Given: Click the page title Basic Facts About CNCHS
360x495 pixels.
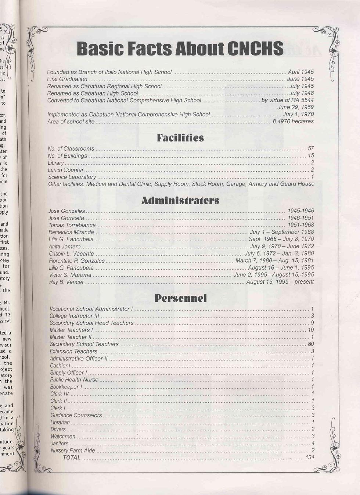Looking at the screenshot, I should [180, 49].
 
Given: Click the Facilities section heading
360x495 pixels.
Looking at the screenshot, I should [180, 138].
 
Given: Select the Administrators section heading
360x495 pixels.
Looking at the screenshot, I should [180, 201].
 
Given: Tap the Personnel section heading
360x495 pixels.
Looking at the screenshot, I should [180, 298].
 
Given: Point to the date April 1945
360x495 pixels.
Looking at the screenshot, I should [300, 72].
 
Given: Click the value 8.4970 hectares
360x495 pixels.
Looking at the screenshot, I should [293, 121].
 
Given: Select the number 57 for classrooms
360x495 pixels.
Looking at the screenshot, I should [311, 148].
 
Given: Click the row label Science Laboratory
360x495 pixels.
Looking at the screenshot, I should [72, 177].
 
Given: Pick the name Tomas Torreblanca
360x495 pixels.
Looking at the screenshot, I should [72, 225].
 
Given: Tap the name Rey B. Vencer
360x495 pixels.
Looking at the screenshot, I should [66, 282].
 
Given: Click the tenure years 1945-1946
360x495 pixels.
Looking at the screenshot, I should [300, 211].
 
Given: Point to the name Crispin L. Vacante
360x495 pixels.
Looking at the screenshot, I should [72, 254].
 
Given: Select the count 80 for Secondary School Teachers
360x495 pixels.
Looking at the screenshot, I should [311, 344].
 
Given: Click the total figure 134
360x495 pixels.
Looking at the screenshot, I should [310, 458].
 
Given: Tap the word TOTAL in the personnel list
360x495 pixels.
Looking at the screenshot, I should [72, 458].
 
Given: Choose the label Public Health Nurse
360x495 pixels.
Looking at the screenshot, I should [74, 380].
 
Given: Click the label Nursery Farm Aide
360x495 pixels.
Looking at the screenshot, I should [73, 451].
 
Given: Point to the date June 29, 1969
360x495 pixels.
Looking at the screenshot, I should [295, 107].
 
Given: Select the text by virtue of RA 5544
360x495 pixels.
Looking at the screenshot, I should [287, 100].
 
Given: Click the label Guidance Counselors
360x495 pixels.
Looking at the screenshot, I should [76, 415].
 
